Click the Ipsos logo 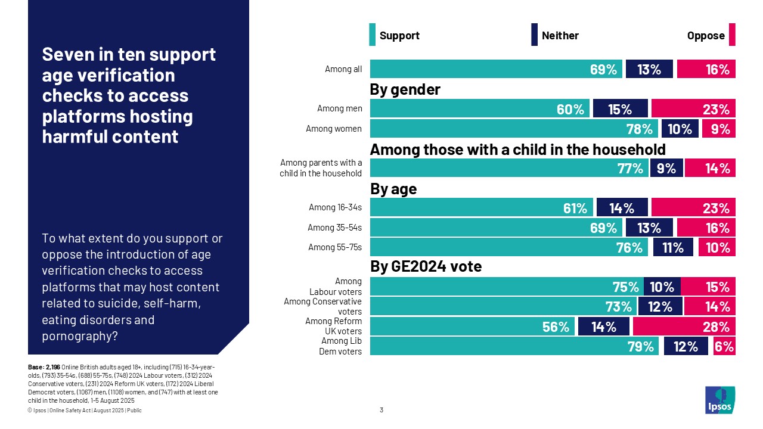coord(720,400)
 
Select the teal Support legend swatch coord(373,35)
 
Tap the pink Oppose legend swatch coord(732,35)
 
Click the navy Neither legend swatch coord(535,35)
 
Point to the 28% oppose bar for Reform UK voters coord(684,327)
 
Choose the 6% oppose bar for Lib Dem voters coord(724,346)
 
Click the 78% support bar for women coord(514,129)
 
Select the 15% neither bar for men coord(620,109)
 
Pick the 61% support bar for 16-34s coord(482,208)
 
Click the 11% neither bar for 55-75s coord(673,247)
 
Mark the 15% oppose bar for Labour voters coord(708,287)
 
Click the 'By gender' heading coord(405,89)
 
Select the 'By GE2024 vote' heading coord(426,267)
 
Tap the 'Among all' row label coord(343,69)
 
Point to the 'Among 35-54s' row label coord(334,228)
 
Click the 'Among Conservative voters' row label coord(322,306)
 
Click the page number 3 coord(381,410)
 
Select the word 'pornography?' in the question coord(80,336)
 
